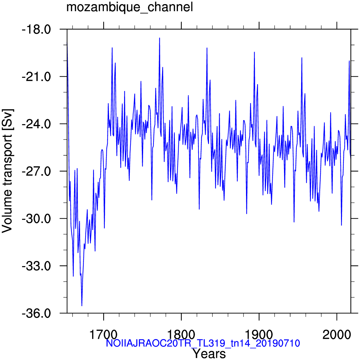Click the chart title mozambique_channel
129,7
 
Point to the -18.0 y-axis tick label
36,30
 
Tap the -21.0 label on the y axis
36,77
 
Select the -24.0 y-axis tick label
36,124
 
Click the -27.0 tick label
36,172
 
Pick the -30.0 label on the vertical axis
36,219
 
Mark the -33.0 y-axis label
36,266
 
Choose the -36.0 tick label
36,314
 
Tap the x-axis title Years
209,354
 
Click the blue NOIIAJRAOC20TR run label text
203,343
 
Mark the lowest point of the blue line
82,306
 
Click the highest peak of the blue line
159,38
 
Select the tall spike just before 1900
254,52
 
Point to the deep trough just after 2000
341,225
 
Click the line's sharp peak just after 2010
349,61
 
